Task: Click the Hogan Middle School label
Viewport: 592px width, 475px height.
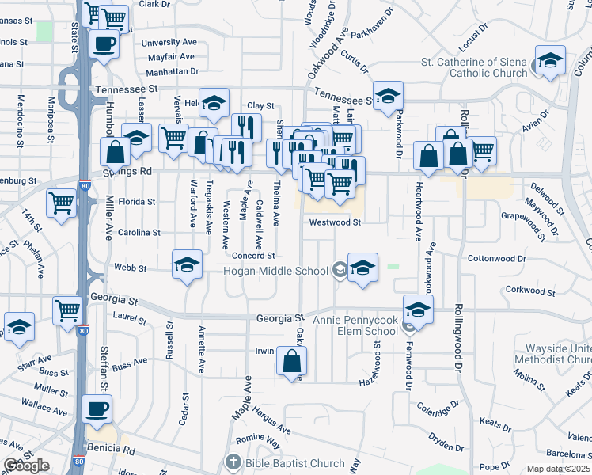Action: [276, 272]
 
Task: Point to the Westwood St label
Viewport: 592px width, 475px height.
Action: [335, 222]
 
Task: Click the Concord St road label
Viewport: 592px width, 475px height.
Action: [253, 256]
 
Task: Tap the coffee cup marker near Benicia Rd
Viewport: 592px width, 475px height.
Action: [98, 409]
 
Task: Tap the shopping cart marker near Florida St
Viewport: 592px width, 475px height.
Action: [62, 203]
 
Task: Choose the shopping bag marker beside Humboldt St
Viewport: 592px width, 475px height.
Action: [116, 152]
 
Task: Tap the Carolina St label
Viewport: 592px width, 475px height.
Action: [139, 233]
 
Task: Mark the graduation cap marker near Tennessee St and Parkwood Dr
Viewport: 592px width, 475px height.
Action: [388, 97]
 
